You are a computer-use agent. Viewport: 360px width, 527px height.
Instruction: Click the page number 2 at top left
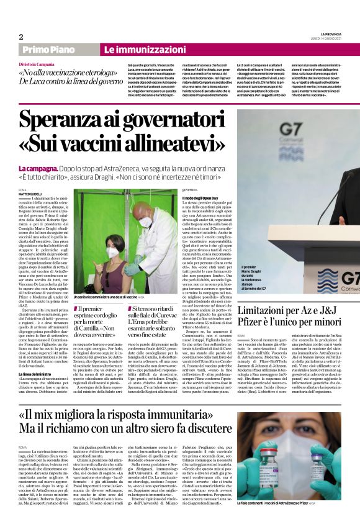click(x=20, y=37)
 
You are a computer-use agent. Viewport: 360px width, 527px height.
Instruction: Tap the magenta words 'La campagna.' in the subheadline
click(x=38, y=168)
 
